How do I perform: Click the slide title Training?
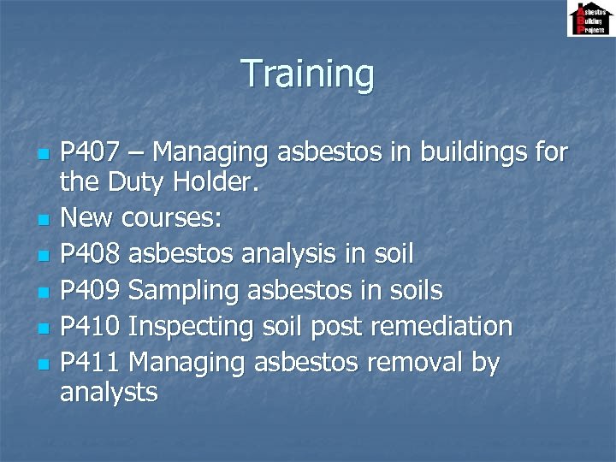pos(308,74)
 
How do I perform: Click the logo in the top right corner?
pos(589,19)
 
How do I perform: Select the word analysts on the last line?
pos(109,393)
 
